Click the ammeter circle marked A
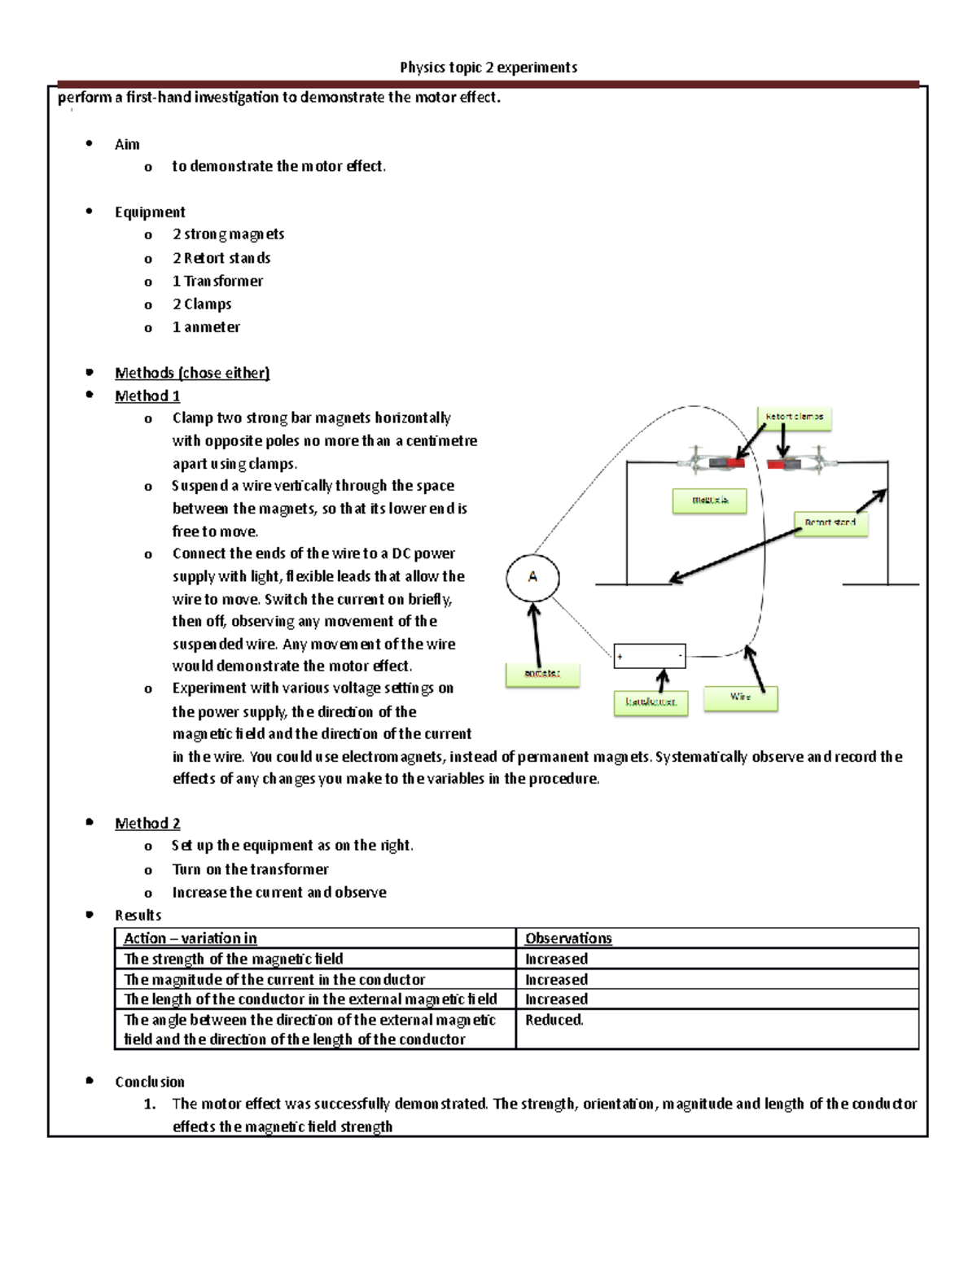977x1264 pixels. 532,578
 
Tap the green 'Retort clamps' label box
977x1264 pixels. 794,418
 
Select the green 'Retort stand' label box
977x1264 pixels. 830,523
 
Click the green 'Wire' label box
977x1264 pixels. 740,698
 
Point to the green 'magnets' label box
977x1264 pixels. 709,501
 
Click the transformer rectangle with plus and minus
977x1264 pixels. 650,655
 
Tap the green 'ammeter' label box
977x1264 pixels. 542,674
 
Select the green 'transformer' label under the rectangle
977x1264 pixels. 651,702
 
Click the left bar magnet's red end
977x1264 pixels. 736,463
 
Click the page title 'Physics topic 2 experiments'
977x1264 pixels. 488,68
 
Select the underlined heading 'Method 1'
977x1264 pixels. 147,396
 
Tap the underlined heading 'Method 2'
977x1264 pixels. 147,824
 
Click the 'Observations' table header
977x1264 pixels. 568,938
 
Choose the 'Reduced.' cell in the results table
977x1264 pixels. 554,1020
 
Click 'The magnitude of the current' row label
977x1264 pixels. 274,980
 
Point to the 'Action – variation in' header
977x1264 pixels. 190,938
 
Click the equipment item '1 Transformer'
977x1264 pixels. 217,282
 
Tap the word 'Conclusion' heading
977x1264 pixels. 150,1082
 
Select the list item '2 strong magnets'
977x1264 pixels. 228,234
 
